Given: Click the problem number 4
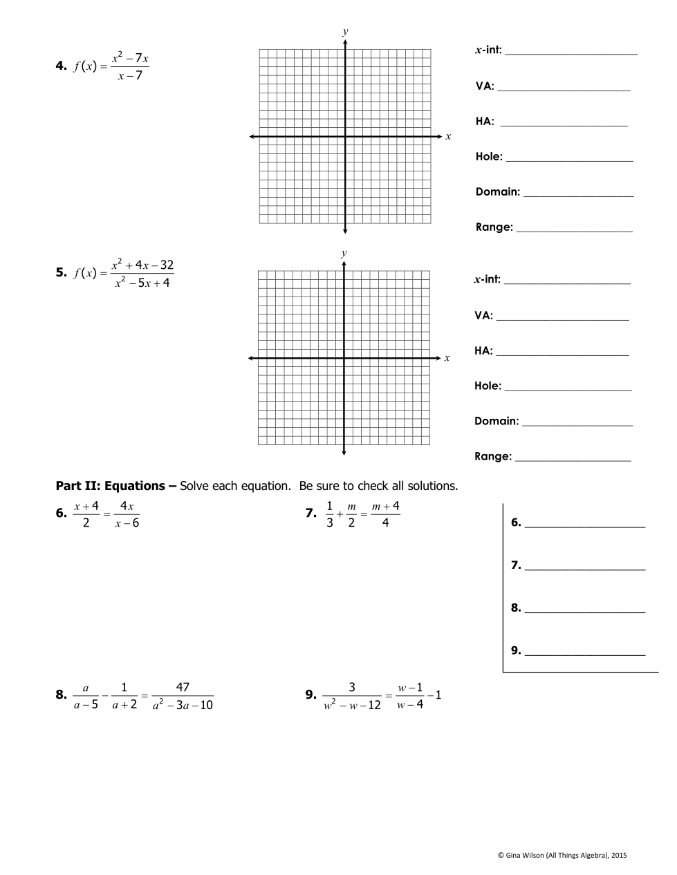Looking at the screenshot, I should coord(61,66).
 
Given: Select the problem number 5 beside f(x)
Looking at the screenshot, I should coord(61,272).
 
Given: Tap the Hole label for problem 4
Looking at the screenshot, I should coord(489,157).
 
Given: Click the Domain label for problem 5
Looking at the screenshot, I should coord(497,421).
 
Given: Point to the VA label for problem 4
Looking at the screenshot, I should coord(485,86).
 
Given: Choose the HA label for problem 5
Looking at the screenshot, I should coord(483,350).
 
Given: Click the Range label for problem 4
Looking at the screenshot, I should coord(494,227).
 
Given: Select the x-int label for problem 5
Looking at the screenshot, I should coord(487,279).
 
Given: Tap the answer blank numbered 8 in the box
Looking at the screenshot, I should coord(584,608).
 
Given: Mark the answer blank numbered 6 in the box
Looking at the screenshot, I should coord(584,523).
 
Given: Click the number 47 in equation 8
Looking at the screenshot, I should coord(183,687).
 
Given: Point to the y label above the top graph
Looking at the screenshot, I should coord(345,31).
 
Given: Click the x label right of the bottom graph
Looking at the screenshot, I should coord(447,358).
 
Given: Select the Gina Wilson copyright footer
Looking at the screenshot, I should coord(562,855).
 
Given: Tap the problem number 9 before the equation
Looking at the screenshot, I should coord(310,695).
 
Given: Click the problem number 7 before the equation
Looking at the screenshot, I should coord(310,514).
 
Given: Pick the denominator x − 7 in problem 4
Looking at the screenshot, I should coord(130,76).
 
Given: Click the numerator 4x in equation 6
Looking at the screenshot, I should coord(127,506).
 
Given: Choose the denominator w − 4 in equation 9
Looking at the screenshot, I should coord(410,705).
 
